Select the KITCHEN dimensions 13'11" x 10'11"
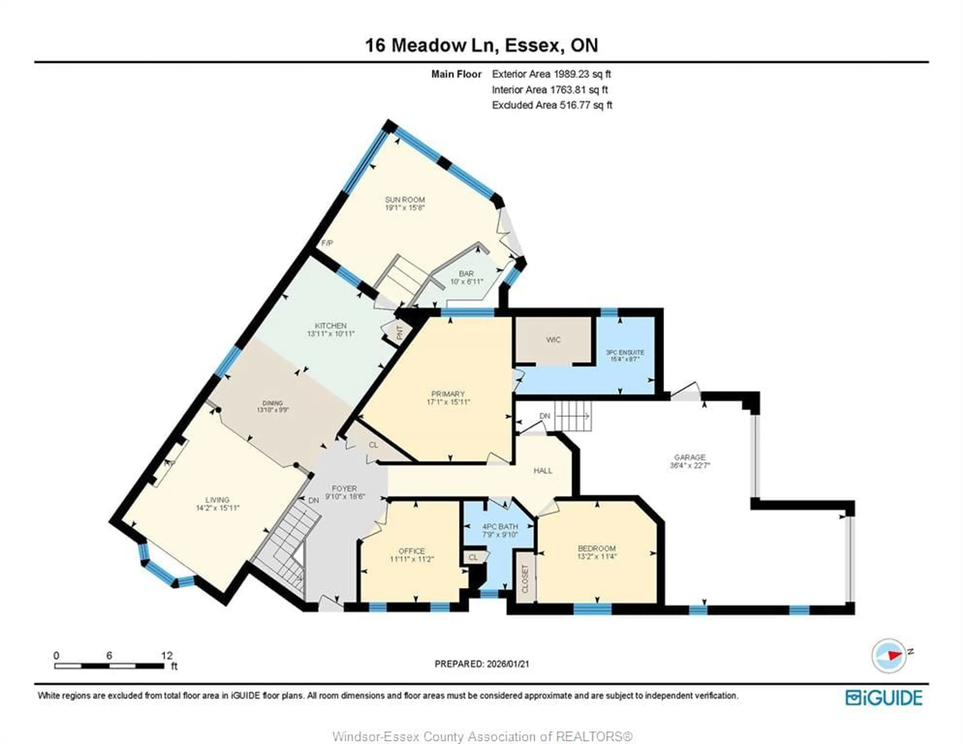[x=331, y=334]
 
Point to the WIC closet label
[x=553, y=340]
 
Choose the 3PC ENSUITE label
[x=625, y=352]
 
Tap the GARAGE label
[x=690, y=457]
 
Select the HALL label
[x=543, y=471]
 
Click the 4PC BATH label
[x=500, y=527]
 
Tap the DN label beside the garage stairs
[x=545, y=416]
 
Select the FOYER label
[x=344, y=489]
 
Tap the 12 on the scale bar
[x=167, y=655]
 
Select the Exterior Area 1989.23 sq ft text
[x=551, y=74]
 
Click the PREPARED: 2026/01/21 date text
[x=481, y=664]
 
